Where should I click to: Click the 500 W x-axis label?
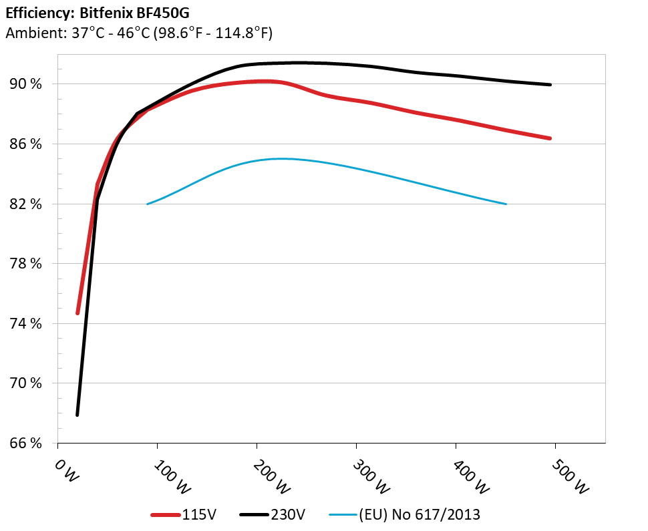[571, 476]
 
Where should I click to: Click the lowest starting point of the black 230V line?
[77, 415]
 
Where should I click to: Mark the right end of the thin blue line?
[506, 204]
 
